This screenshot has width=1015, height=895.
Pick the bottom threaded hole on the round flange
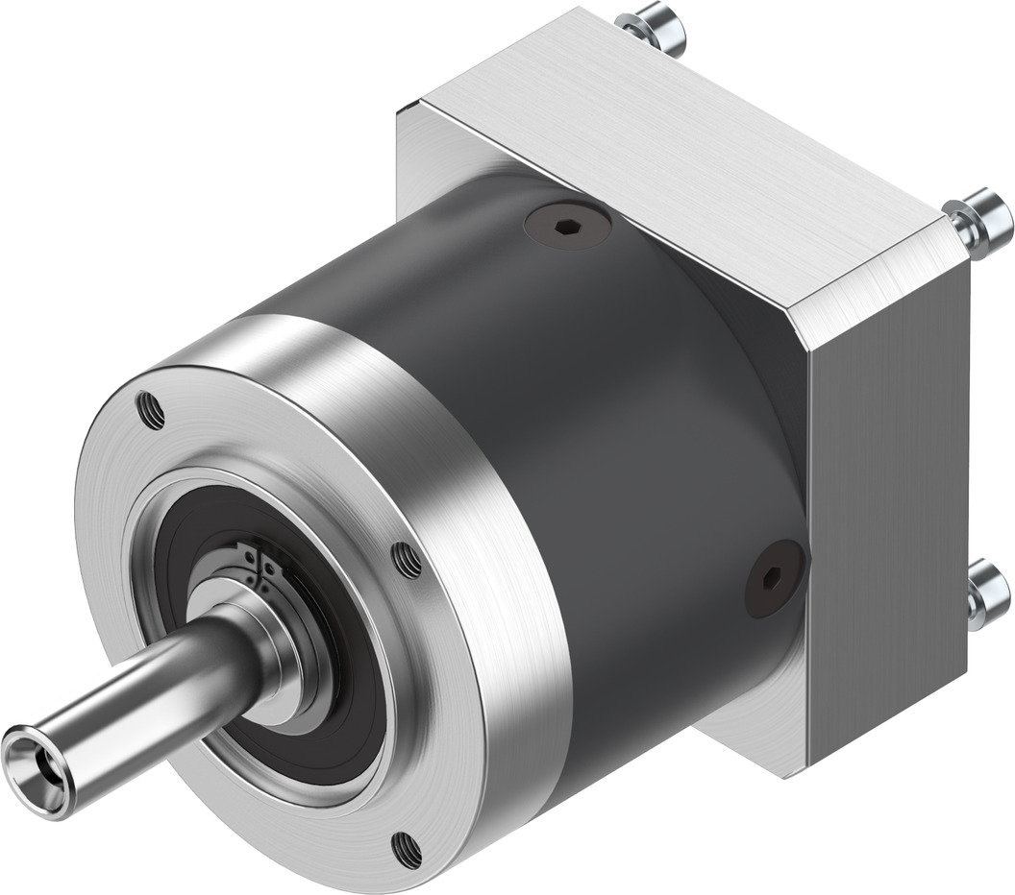pos(407,847)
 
